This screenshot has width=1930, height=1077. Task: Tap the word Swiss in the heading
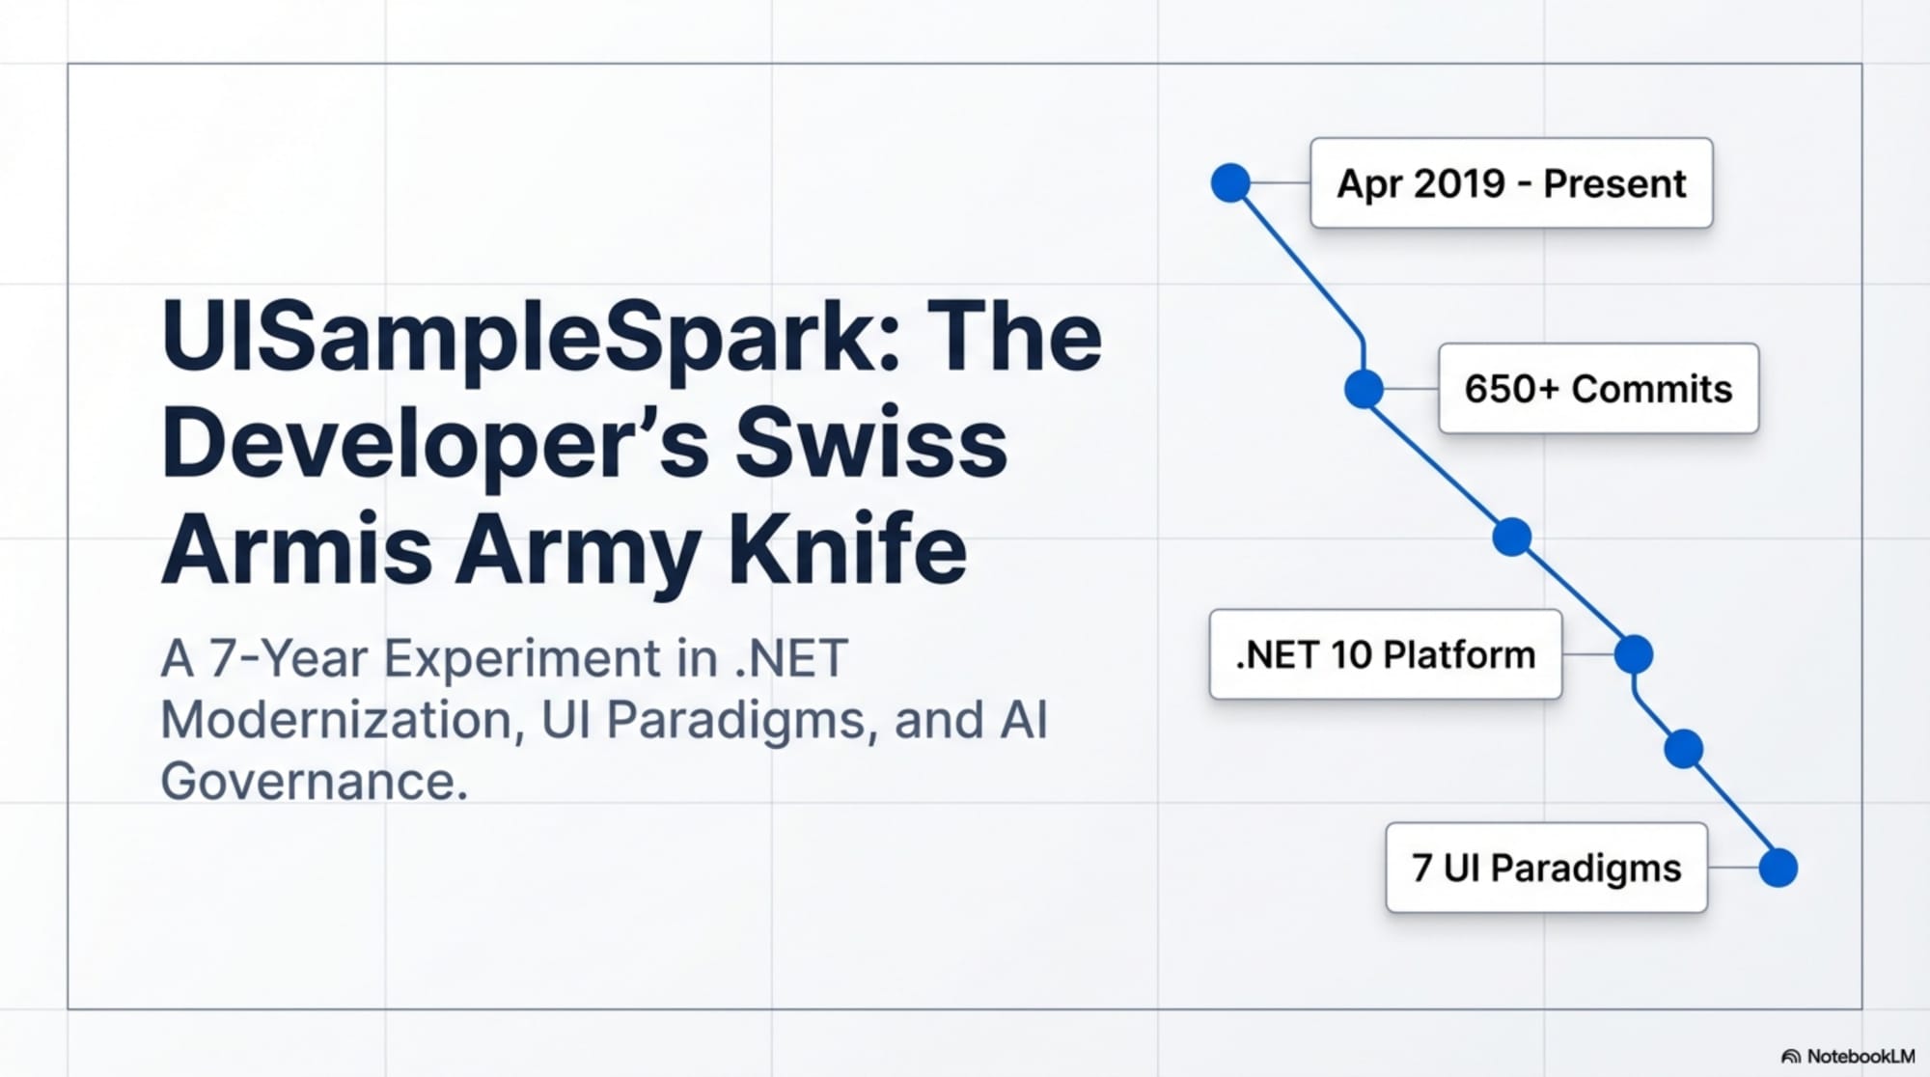tap(870, 444)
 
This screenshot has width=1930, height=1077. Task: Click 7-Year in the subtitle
tap(289, 659)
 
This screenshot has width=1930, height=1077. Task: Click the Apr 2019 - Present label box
tap(1510, 183)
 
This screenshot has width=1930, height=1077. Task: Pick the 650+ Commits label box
tap(1598, 389)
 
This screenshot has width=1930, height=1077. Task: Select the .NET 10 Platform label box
tap(1385, 654)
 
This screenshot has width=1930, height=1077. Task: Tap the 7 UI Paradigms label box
tap(1546, 868)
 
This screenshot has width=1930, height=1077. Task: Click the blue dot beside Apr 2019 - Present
tap(1230, 182)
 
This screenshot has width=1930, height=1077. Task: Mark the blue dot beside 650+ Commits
tap(1364, 389)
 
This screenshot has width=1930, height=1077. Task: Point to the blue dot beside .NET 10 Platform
tap(1633, 654)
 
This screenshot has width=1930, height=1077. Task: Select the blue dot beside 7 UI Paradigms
tap(1778, 868)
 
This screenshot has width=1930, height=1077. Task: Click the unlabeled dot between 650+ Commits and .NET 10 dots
tap(1511, 537)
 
